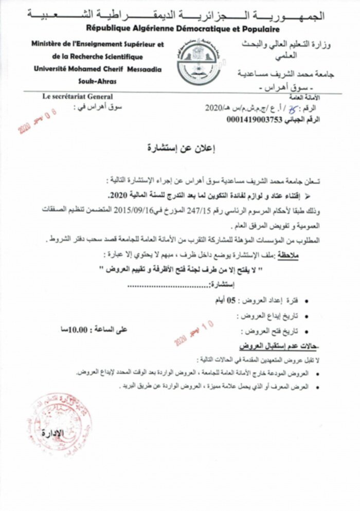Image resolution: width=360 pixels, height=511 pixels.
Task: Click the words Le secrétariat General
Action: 78,96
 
